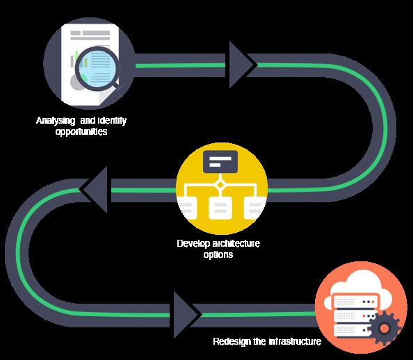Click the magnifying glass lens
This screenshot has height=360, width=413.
click(x=97, y=69)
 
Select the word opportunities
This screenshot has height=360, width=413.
click(x=81, y=131)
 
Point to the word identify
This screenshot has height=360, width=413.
click(x=112, y=121)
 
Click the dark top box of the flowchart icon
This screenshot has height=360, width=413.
click(x=220, y=162)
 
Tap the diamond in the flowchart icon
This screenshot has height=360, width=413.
click(x=220, y=185)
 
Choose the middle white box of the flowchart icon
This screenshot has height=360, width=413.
click(x=220, y=208)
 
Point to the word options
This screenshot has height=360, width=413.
click(x=218, y=254)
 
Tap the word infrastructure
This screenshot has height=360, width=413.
click(x=295, y=341)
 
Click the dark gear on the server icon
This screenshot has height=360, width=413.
click(x=384, y=328)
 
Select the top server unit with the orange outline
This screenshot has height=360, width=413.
click(x=355, y=301)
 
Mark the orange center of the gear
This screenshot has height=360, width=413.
click(x=384, y=328)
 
